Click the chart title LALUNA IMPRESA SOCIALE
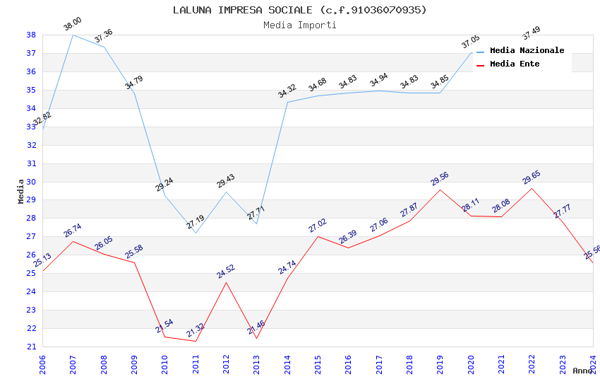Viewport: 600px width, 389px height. click(x=300, y=10)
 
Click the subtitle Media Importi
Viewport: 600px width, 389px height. click(x=300, y=25)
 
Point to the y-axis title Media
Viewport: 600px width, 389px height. click(x=21, y=191)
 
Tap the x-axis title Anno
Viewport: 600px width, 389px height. click(x=582, y=371)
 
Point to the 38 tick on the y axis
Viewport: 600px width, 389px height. click(x=32, y=35)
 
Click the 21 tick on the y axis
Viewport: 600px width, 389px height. click(x=32, y=347)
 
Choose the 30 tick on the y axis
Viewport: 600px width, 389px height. click(x=32, y=182)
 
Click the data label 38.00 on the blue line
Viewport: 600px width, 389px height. click(x=73, y=25)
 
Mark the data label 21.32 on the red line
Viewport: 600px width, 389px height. click(x=196, y=331)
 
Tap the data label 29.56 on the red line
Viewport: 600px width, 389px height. click(x=440, y=179)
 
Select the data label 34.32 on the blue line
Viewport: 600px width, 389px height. click(x=287, y=91)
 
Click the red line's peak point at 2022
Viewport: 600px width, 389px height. click(x=532, y=188)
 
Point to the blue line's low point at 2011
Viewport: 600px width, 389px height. click(x=196, y=233)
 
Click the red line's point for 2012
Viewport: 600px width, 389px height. click(x=226, y=282)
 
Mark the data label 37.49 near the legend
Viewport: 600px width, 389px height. click(x=531, y=33)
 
